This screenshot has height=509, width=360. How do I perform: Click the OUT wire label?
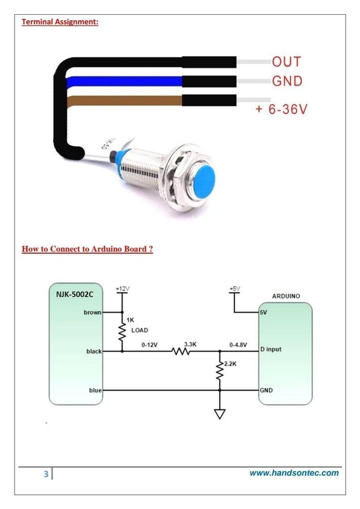pos(287,62)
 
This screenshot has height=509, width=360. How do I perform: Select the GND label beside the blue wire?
pos(287,81)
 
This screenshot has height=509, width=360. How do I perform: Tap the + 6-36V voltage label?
pos(281,109)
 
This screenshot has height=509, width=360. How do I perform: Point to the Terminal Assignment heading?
pos(60,22)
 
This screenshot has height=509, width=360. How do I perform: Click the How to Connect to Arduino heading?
pos(87,249)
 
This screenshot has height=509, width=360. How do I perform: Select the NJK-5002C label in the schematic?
pos(75,294)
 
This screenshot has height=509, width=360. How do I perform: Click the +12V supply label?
pos(122,288)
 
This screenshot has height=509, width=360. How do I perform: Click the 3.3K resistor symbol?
pos(181,351)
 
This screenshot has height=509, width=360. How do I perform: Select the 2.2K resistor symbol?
pos(220,370)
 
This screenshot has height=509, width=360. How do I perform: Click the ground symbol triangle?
pos(220,413)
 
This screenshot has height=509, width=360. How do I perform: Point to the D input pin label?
pos(271,350)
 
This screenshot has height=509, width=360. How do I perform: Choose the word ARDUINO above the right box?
pos(285,296)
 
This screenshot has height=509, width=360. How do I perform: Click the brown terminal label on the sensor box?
pos(93,312)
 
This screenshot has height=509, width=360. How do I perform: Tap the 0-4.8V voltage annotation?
pos(238,344)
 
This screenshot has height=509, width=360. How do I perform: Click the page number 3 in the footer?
pos(46,474)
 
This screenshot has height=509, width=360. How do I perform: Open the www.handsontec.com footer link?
pos(294,473)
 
